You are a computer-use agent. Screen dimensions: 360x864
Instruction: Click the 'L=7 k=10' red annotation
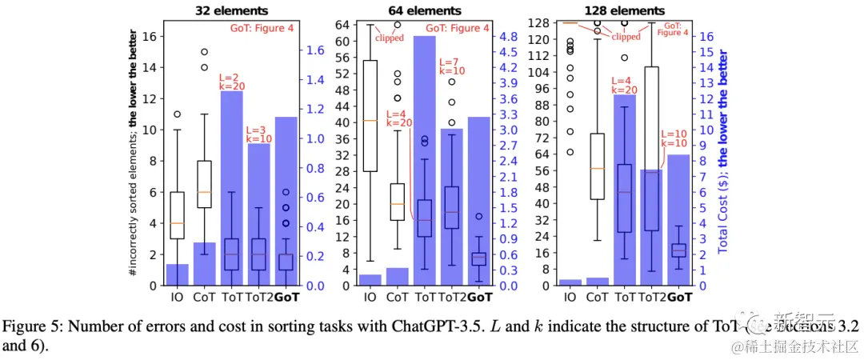point(451,66)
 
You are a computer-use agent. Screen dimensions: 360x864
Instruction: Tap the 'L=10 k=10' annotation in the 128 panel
point(674,138)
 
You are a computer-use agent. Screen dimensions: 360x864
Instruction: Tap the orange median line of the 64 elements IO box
point(370,121)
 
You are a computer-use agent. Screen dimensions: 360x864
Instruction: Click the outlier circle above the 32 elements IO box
point(177,114)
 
